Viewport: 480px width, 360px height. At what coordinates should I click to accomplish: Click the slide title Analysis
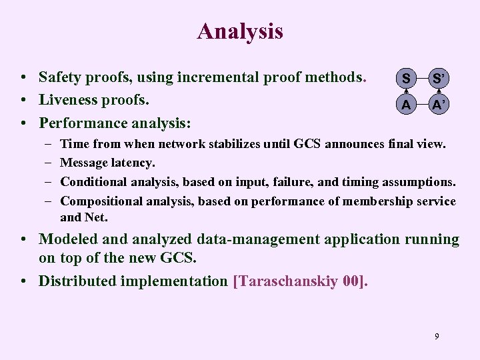pyautogui.click(x=240, y=31)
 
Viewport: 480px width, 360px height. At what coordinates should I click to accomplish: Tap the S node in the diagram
pyautogui.click(x=405, y=79)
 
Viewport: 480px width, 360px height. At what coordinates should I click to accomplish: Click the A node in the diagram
pyautogui.click(x=405, y=105)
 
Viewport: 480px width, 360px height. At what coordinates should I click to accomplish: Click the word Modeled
pyautogui.click(x=69, y=239)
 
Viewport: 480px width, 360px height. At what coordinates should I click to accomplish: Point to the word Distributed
pyautogui.click(x=77, y=281)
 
